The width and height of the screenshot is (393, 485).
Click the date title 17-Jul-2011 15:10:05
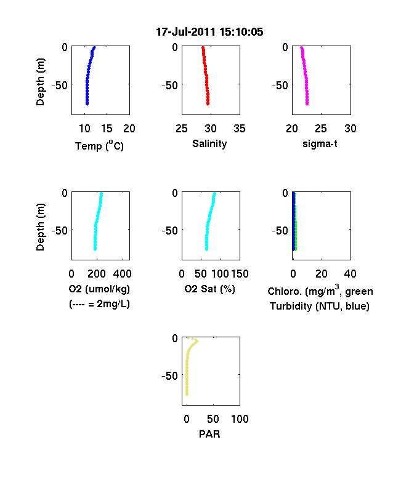tap(209, 32)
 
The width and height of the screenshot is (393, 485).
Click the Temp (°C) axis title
tap(99, 146)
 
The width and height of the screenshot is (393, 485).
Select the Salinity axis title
tap(209, 143)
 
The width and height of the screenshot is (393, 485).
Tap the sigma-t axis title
tap(320, 144)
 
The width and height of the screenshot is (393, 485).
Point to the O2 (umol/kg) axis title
tap(99, 289)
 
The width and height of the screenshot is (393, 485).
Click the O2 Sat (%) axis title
tap(210, 289)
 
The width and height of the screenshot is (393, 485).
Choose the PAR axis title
tap(209, 434)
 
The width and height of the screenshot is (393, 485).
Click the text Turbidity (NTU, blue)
tap(320, 307)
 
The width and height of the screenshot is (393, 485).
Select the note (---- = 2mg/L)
tap(99, 304)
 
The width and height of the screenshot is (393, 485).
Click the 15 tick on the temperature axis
tap(107, 129)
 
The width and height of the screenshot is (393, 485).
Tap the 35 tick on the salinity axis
tap(240, 129)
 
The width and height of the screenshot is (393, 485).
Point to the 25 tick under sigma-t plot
tap(321, 129)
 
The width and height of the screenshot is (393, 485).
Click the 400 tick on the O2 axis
tap(122, 274)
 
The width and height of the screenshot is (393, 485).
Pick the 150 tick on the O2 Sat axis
tap(240, 274)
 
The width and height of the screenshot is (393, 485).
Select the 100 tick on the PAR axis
tap(240, 419)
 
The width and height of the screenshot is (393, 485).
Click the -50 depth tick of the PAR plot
tap(169, 376)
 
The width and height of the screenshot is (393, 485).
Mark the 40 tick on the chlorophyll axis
tap(350, 274)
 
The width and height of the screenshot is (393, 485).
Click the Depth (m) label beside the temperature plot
tap(40, 82)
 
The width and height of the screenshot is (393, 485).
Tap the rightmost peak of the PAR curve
tap(197, 341)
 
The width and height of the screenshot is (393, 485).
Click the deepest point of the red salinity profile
tap(208, 104)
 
